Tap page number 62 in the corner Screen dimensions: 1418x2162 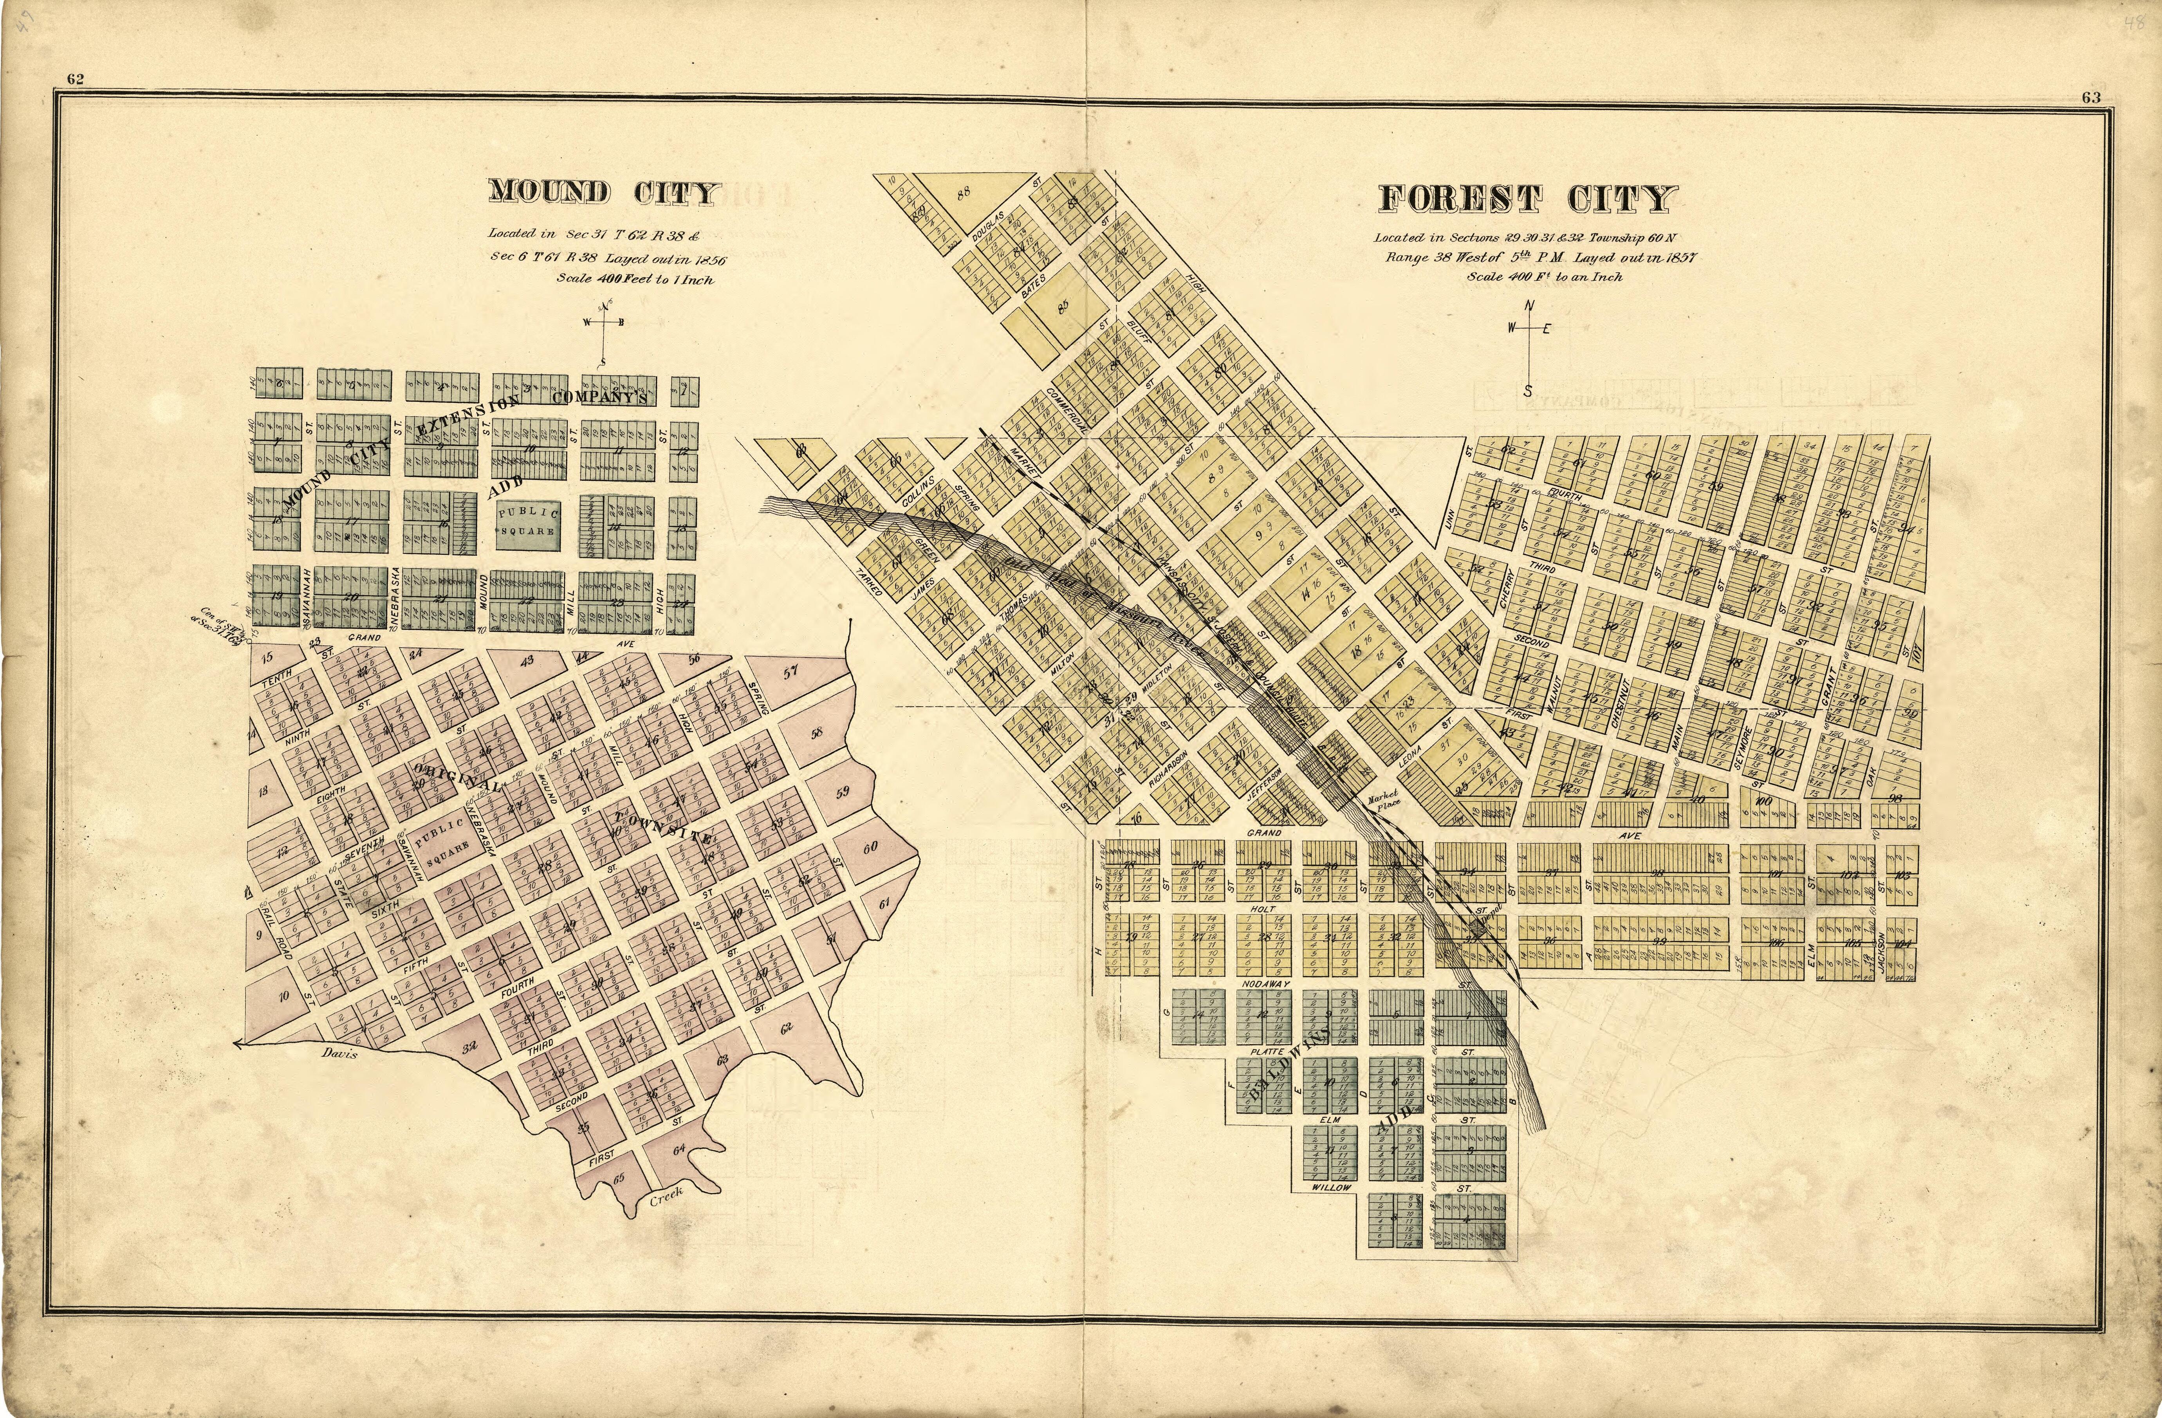pos(74,79)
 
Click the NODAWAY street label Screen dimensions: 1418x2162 pos(1263,985)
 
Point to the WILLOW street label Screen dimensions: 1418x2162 pos(1331,1187)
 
